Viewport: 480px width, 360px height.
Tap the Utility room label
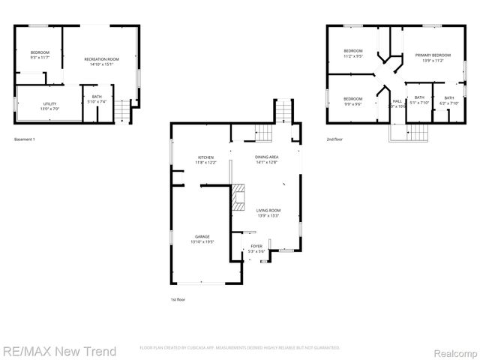[x=49, y=106]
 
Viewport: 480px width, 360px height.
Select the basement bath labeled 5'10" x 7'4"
[x=97, y=99]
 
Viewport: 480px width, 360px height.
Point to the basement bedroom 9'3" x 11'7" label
[x=39, y=54]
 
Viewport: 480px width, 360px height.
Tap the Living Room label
[x=268, y=213]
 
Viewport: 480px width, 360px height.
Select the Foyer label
[x=256, y=248]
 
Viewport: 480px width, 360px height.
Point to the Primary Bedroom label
[x=433, y=58]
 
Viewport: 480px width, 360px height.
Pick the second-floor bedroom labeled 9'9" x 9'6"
[x=353, y=101]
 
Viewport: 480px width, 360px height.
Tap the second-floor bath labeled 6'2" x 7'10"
[x=448, y=100]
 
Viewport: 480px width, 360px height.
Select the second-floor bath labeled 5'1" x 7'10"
[x=419, y=100]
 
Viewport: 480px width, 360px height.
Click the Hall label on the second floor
[x=397, y=104]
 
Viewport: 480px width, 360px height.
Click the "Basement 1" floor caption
[x=25, y=139]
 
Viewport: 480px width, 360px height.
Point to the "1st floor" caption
[x=178, y=299]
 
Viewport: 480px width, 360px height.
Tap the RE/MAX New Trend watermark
[x=59, y=350]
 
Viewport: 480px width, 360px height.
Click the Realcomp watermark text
[x=452, y=351]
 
